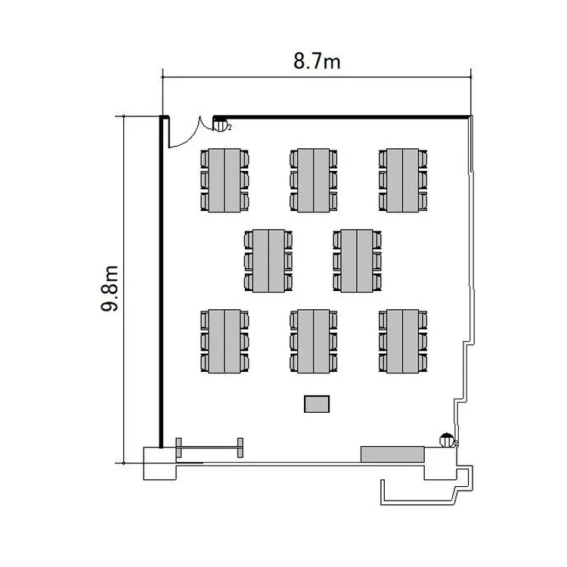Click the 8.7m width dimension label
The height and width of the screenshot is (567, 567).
pos(317,60)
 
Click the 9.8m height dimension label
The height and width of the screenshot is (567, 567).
pos(109,288)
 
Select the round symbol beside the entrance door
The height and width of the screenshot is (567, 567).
pos(220,125)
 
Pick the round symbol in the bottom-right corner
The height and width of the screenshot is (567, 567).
pos(447,440)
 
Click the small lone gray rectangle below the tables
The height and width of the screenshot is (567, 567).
pos(317,404)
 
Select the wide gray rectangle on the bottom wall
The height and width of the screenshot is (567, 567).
pos(392,454)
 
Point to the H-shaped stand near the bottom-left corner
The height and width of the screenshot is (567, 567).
pos(209,448)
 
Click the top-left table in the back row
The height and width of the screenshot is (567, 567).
pos(225,180)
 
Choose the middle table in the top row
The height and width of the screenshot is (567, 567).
pos(314,180)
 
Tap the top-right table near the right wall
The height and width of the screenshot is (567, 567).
pos(402,180)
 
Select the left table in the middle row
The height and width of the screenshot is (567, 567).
pos(268,261)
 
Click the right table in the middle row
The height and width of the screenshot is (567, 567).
pos(357,261)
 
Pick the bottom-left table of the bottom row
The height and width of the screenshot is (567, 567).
pos(225,342)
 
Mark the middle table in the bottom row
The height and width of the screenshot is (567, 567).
pos(314,342)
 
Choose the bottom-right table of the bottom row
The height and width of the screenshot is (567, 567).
pos(402,342)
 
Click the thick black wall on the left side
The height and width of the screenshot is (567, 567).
pos(161,282)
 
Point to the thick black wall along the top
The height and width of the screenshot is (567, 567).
pos(341,117)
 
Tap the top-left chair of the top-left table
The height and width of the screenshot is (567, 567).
pos(205,159)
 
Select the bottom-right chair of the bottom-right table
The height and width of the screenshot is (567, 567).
pos(423,362)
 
